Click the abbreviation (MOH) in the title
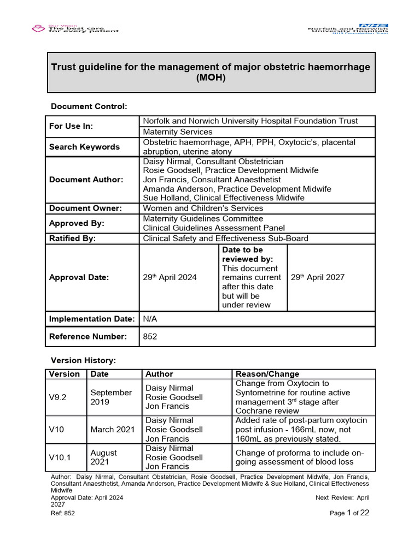[211, 78]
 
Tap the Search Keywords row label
[84, 147]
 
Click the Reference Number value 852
[150, 337]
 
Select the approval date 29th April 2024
[170, 277]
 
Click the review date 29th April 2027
[317, 277]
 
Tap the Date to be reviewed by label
[247, 254]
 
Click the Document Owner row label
[85, 208]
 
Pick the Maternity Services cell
[178, 132]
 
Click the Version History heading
[83, 360]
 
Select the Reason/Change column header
[267, 374]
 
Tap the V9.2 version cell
[58, 397]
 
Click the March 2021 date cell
[113, 429]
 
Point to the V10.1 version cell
[60, 457]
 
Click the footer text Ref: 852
[62, 514]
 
